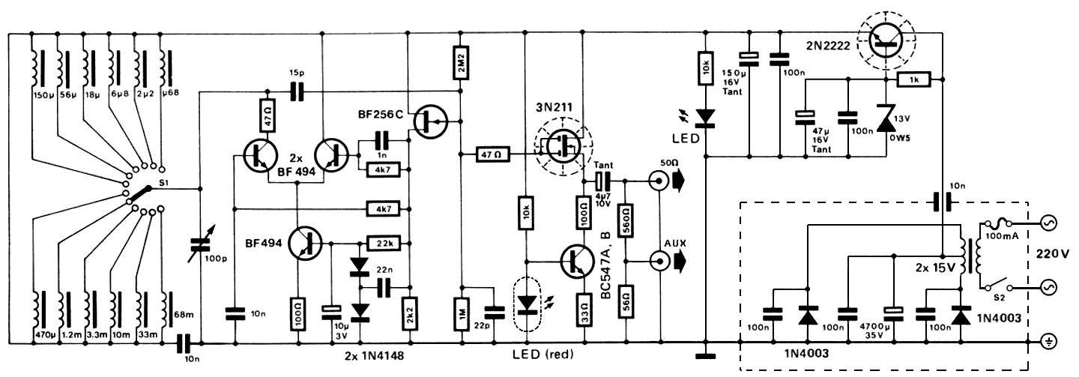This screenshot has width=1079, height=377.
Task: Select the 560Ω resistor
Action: (x=626, y=220)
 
